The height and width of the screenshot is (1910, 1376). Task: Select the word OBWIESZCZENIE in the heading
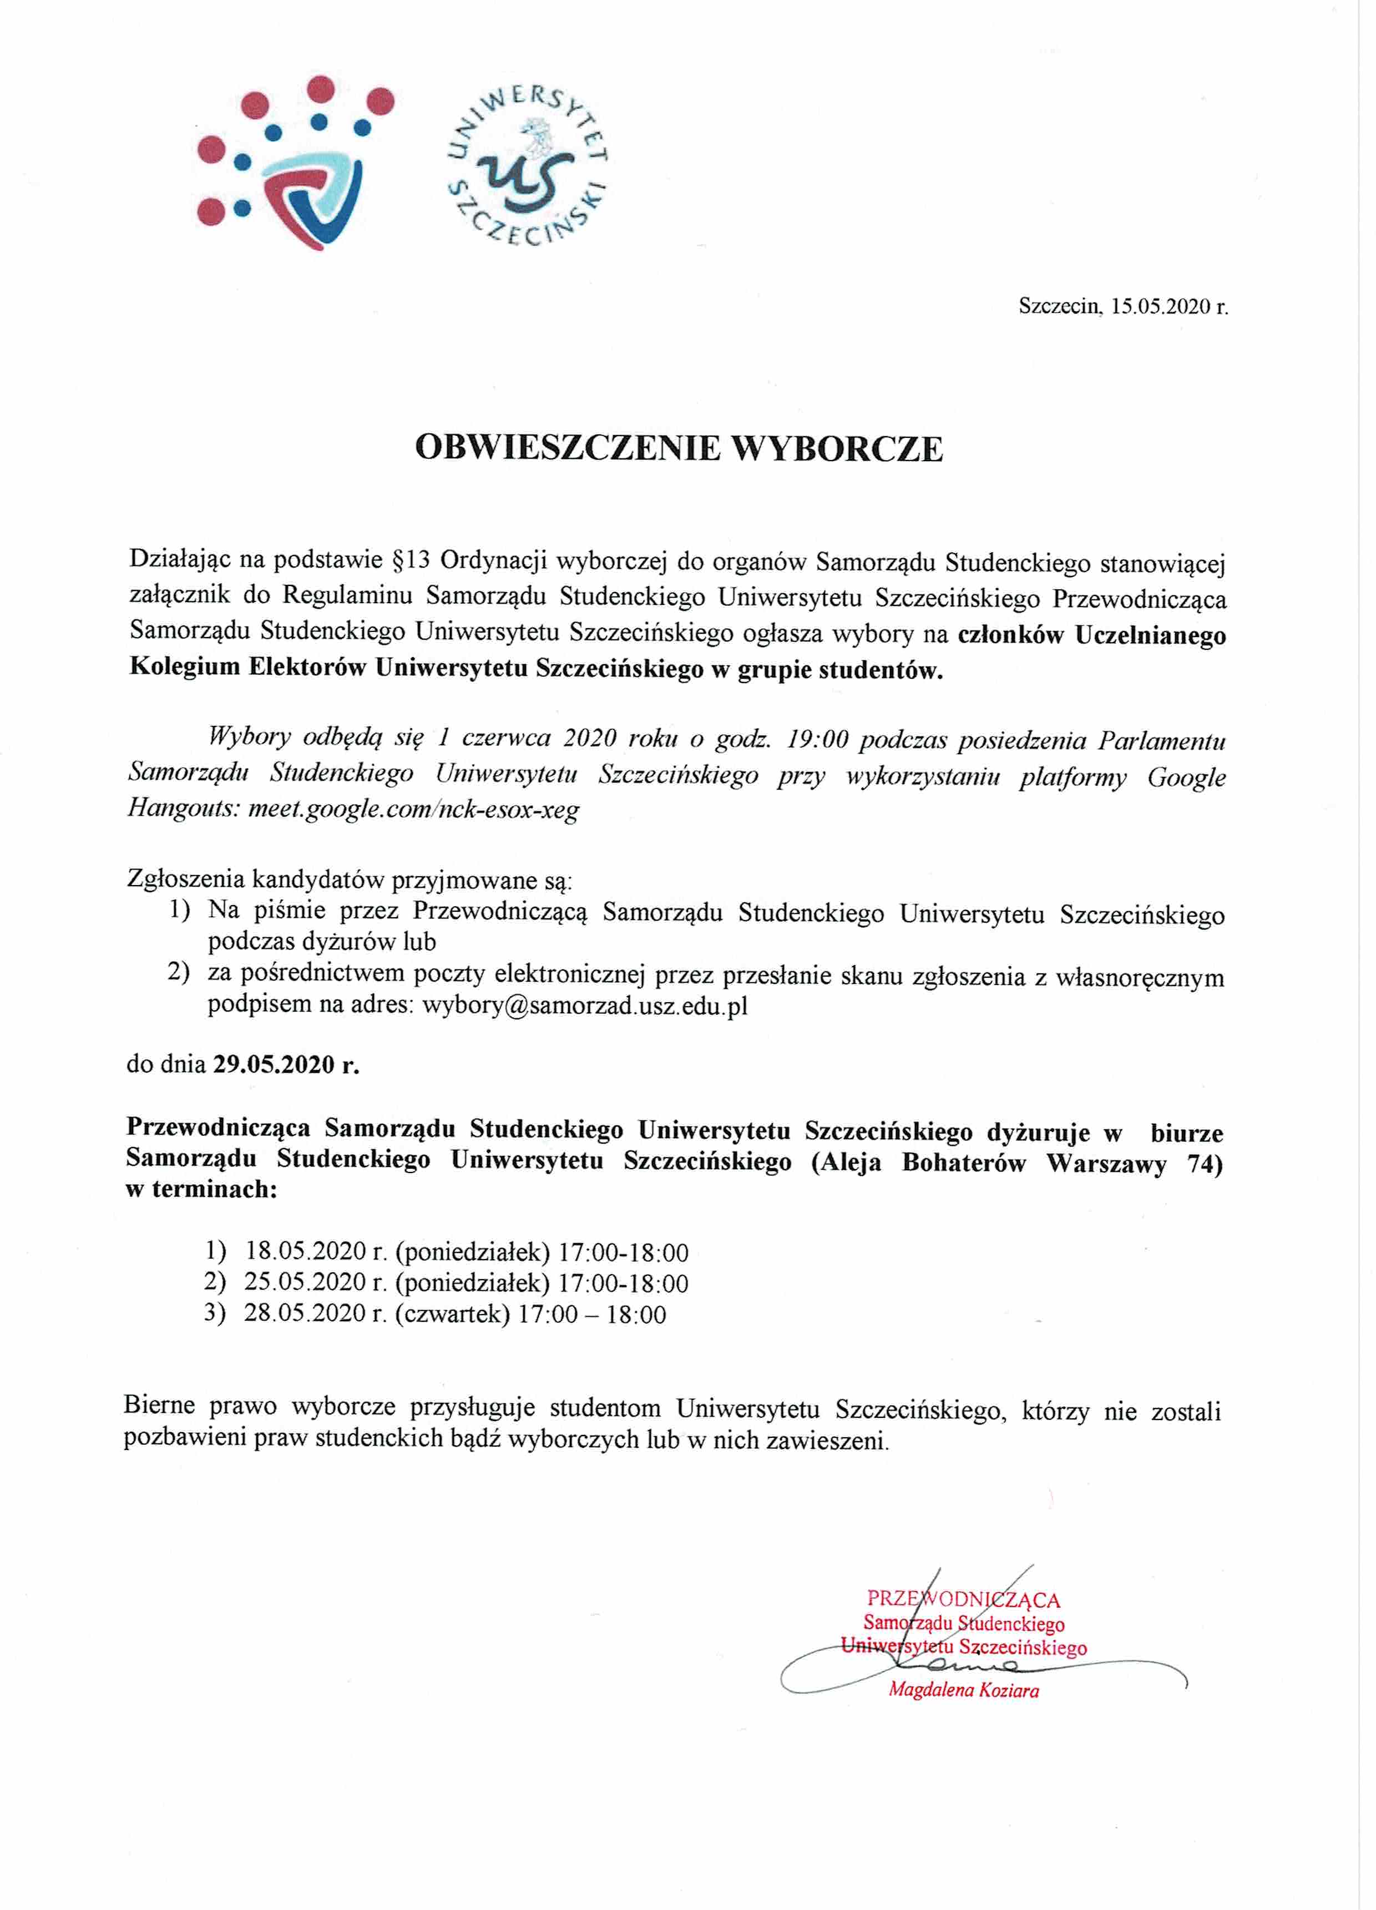click(568, 448)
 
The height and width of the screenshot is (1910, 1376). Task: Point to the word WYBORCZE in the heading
click(836, 448)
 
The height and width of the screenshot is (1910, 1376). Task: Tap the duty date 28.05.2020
click(306, 1314)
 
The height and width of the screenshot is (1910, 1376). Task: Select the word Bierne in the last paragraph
click(159, 1406)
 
